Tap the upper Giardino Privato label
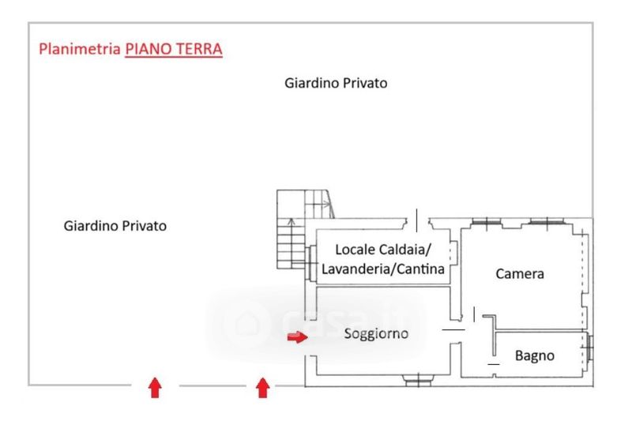336,83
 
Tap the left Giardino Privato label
115,226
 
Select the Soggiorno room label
376,333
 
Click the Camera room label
520,274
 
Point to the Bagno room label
535,355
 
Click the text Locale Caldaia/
384,250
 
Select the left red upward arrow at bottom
155,387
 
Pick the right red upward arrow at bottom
263,387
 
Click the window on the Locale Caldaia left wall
313,256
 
